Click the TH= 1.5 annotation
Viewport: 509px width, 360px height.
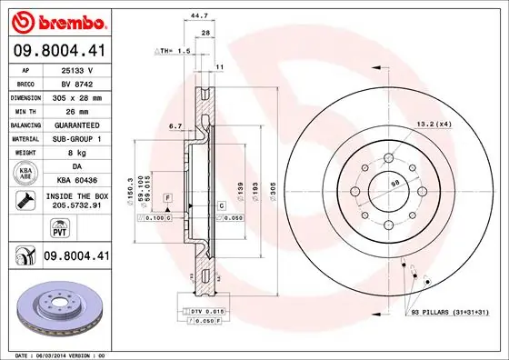tap(171, 51)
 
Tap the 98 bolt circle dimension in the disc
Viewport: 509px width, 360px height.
tap(394, 185)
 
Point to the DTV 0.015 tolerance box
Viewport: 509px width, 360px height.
tap(207, 313)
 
